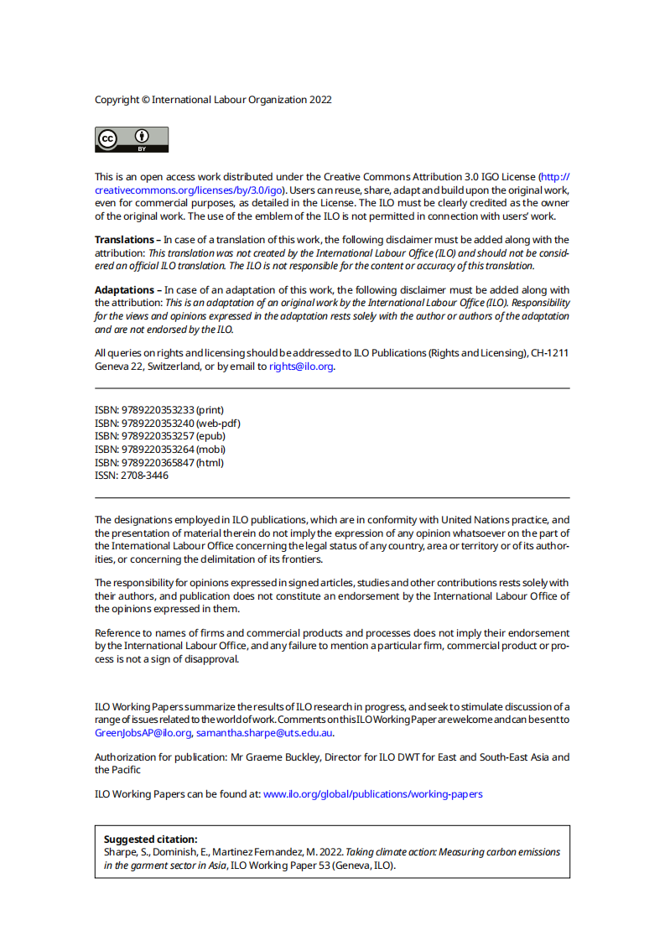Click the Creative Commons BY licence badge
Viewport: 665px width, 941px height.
[132, 139]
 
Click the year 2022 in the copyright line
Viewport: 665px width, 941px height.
[321, 100]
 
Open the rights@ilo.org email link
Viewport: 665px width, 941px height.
[301, 367]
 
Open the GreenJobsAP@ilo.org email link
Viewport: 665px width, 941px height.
[143, 733]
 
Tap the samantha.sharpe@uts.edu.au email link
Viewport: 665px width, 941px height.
[264, 733]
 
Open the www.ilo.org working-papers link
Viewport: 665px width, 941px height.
[372, 793]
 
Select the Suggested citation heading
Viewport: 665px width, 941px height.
[150, 840]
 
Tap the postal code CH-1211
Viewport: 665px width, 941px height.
[549, 353]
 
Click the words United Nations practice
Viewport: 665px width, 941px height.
[494, 521]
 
